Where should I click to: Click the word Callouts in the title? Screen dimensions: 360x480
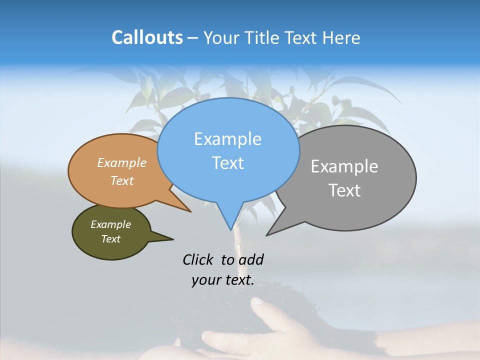147,37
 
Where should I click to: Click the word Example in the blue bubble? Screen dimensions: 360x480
227,139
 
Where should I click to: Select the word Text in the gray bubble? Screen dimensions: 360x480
344,190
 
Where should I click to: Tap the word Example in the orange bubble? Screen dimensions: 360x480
122,163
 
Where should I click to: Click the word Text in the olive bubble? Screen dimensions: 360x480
111,239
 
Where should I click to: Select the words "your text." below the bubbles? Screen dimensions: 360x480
222,280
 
